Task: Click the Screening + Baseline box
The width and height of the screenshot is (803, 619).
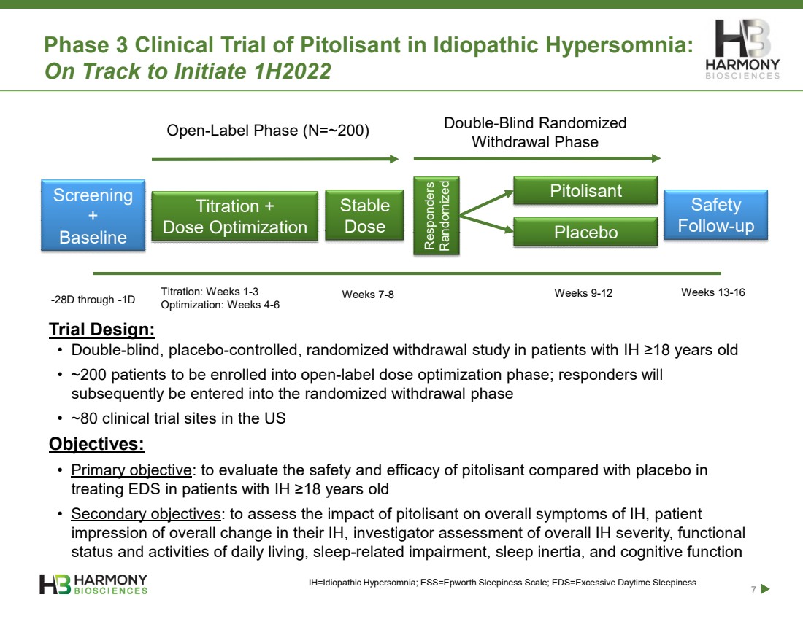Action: (93, 215)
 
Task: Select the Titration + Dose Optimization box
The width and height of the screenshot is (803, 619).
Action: (234, 217)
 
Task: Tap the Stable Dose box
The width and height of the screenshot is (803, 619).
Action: (364, 215)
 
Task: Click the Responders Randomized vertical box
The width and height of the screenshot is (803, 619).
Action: (437, 215)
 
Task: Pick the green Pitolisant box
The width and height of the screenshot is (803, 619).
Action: (585, 191)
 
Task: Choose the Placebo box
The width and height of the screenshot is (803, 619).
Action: (585, 233)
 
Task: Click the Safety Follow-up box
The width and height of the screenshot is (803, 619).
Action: (716, 215)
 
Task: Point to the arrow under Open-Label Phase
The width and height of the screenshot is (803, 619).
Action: (275, 159)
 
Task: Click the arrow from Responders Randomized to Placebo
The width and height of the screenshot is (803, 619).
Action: (486, 224)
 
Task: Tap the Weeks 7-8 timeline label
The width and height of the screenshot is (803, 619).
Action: (368, 295)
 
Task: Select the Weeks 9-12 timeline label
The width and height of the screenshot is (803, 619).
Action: (583, 293)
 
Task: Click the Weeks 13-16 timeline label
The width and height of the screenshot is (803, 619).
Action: (713, 292)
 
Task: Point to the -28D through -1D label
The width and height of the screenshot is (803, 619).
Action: (93, 300)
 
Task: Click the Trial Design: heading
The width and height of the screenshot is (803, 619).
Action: (102, 330)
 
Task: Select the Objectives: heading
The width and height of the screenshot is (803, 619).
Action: (96, 444)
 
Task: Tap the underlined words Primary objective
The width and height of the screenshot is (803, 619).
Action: (131, 470)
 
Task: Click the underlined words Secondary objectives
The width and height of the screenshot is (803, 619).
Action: (146, 513)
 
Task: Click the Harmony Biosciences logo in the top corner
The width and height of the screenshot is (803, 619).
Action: (742, 50)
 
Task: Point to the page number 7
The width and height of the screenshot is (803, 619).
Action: (753, 590)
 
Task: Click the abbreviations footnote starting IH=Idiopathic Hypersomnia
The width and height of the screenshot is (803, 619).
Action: (502, 583)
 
